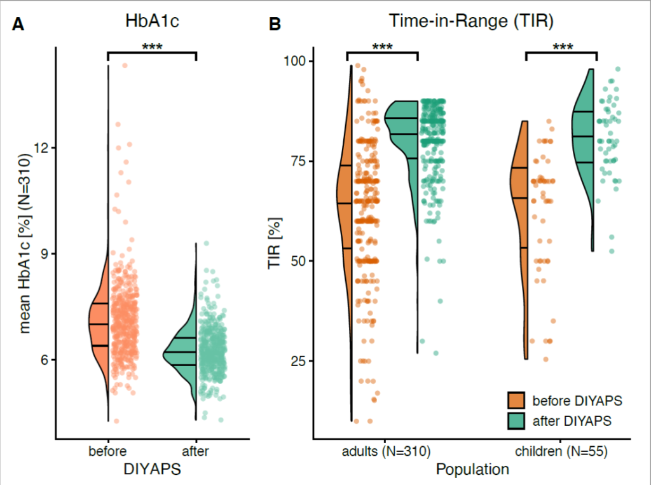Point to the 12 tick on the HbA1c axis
point(41,147)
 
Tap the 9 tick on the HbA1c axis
point(45,254)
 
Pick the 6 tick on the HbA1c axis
point(45,360)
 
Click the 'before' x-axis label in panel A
point(107,452)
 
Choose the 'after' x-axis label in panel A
point(195,452)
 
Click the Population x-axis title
point(472,470)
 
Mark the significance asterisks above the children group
point(562,47)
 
